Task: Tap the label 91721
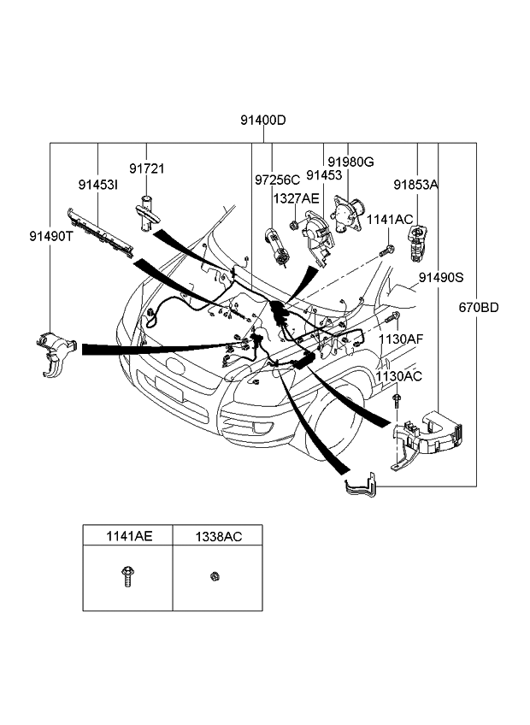[x=147, y=169]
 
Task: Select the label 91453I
[x=98, y=185]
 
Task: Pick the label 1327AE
[x=296, y=198]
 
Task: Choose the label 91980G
[x=350, y=162]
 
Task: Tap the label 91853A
[x=416, y=184]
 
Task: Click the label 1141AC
[x=390, y=220]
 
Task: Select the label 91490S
[x=441, y=278]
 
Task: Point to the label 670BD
[x=479, y=308]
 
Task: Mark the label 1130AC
[x=398, y=376]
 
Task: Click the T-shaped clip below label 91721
[x=145, y=210]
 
